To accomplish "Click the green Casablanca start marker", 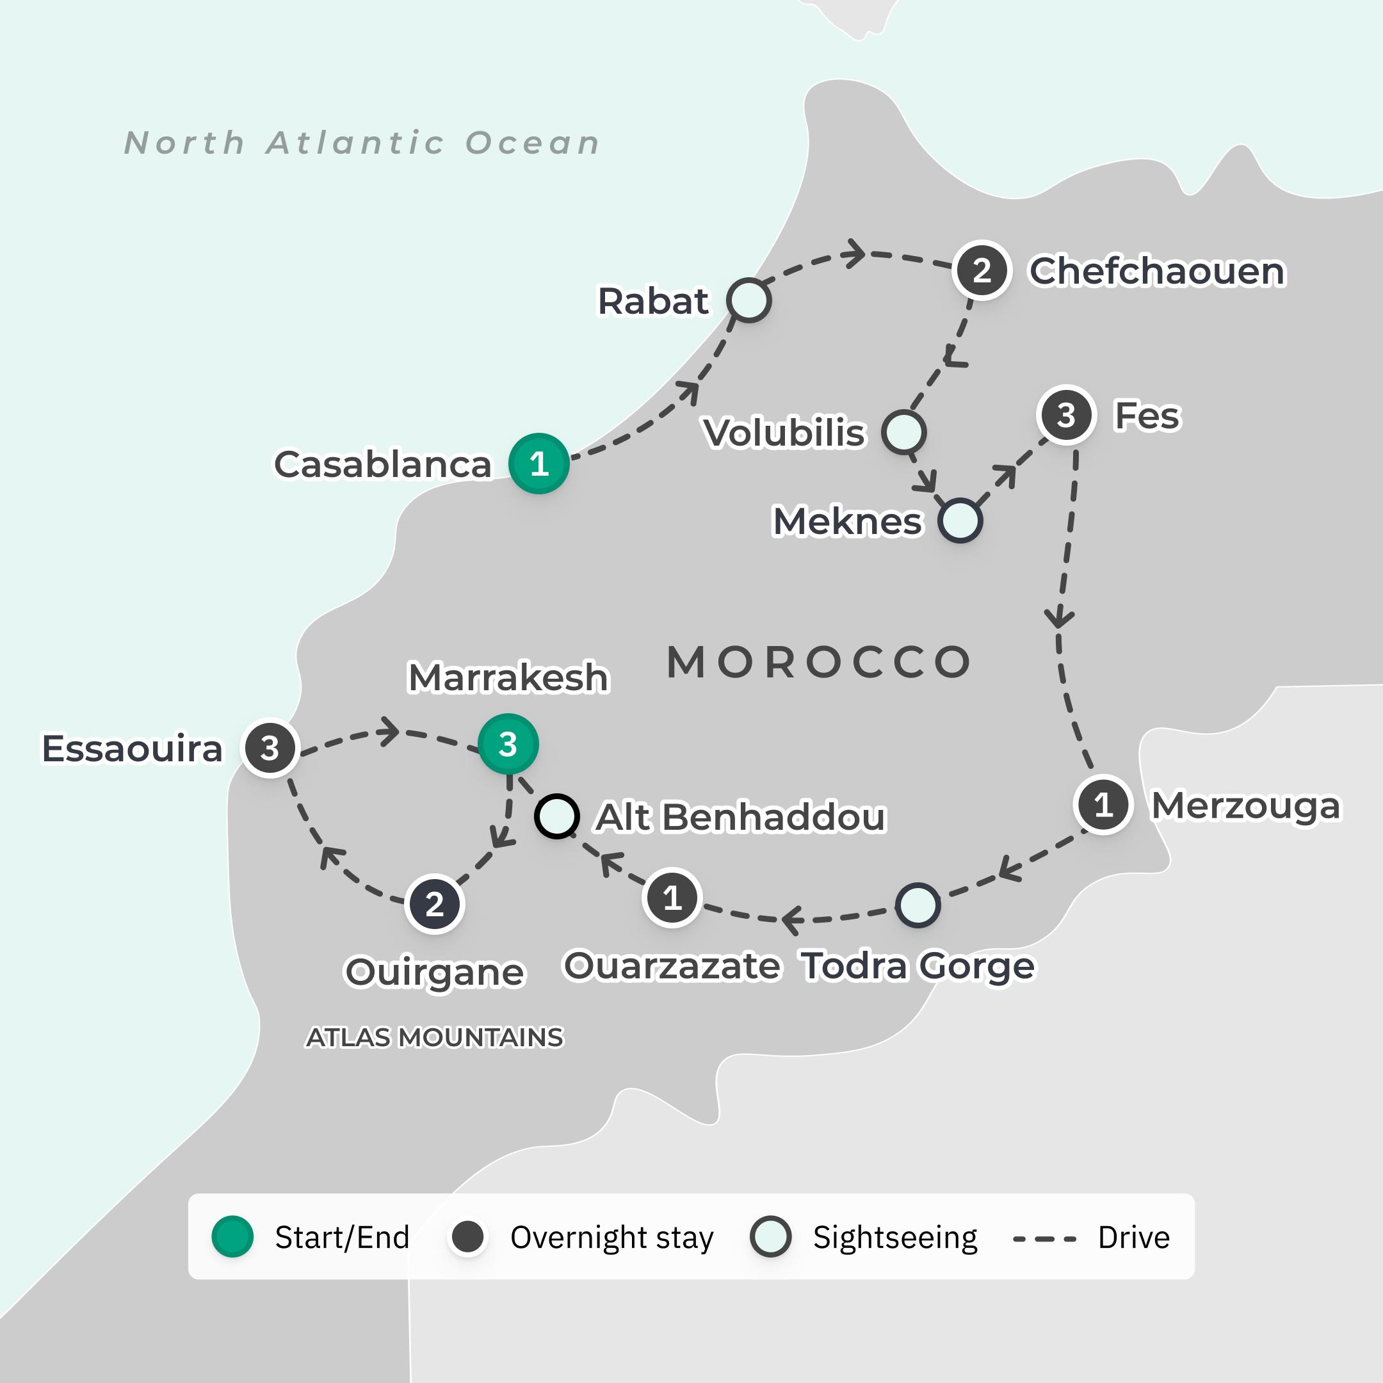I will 539,463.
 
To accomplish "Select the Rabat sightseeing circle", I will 748,300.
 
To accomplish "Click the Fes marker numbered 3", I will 1067,415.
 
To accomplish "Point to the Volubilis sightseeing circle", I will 903,432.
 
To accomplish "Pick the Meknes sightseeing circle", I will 960,521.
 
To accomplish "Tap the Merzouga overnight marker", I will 1103,805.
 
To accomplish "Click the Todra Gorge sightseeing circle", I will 918,905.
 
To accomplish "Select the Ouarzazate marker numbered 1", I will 672,897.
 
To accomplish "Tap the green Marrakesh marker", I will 508,745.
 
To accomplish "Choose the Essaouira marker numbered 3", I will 270,748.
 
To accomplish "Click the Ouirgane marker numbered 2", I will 435,904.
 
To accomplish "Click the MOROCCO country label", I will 819,661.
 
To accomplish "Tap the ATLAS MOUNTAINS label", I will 435,1037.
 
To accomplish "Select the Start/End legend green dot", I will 232,1237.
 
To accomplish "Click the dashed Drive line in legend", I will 1044,1238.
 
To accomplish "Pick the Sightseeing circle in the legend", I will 770,1237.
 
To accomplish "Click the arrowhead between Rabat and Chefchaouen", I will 855,254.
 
